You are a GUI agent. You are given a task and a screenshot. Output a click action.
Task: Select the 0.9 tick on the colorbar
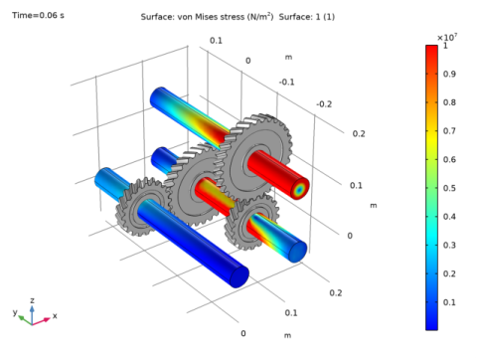tap(450, 73)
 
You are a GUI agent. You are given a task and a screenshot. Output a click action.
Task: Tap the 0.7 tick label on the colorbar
tap(450, 130)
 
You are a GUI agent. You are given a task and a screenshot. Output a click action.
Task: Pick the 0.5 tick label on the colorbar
tap(450, 188)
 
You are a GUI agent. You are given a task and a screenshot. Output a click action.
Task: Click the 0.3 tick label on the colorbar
tap(450, 245)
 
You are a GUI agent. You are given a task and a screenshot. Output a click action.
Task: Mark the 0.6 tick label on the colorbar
tap(450, 159)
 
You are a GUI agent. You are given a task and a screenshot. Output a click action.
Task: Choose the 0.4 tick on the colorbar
tap(450, 216)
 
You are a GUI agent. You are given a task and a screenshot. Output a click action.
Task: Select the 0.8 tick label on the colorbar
tap(450, 101)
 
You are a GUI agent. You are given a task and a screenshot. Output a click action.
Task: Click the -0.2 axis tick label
tap(324, 103)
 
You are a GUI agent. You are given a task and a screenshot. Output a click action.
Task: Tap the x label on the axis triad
tap(55, 315)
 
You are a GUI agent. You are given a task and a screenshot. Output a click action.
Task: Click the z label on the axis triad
tap(32, 299)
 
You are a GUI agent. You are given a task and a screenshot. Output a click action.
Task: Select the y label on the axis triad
tap(15, 311)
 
